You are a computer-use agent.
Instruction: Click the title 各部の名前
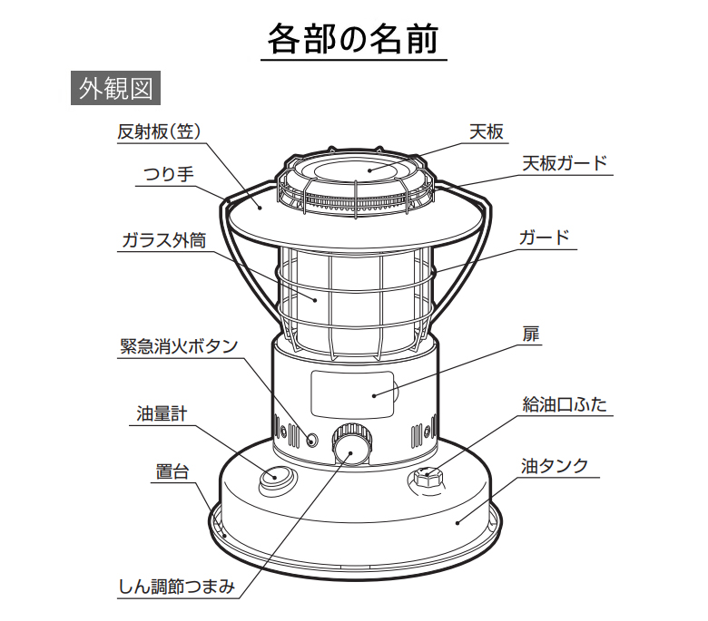(x=353, y=39)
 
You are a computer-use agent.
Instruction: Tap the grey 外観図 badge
(x=115, y=88)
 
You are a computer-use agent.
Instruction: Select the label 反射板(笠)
(x=159, y=131)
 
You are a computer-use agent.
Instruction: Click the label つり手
(x=169, y=174)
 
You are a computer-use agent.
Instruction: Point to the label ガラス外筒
(x=164, y=240)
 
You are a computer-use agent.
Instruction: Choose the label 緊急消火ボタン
(x=179, y=346)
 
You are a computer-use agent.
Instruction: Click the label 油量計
(x=162, y=413)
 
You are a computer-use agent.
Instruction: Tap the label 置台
(x=172, y=471)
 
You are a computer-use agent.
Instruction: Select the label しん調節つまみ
(x=177, y=587)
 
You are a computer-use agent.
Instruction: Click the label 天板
(x=487, y=131)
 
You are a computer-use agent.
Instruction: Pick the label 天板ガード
(x=565, y=163)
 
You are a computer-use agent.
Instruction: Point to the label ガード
(x=544, y=238)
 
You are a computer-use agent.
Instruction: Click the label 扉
(x=531, y=335)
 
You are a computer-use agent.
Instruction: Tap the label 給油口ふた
(x=565, y=404)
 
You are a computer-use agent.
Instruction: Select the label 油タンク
(x=555, y=466)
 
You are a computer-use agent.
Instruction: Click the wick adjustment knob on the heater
(x=352, y=445)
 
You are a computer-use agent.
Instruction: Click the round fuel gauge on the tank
(x=278, y=478)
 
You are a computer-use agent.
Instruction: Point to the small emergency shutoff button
(x=311, y=439)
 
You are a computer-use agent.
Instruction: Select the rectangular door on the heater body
(x=352, y=394)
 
